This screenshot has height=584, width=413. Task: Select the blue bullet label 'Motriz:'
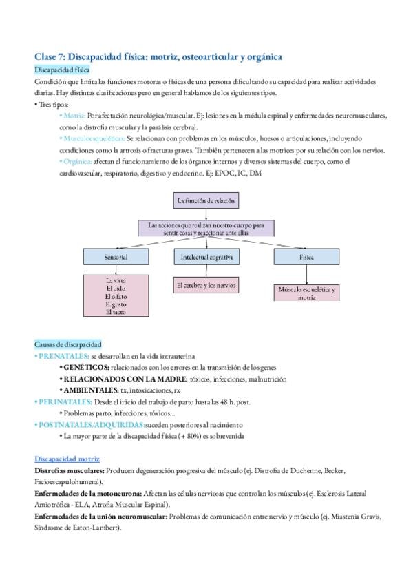click(x=73, y=116)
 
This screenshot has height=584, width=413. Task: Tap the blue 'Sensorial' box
click(x=115, y=256)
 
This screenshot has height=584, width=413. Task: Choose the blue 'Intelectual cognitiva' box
click(x=206, y=256)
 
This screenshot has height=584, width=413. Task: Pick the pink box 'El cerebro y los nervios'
click(x=206, y=284)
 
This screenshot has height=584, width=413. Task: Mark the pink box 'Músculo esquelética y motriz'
click(x=307, y=293)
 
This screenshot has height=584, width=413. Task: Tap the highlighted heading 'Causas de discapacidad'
click(x=67, y=344)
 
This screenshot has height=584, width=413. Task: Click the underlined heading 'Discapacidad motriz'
click(x=67, y=459)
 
